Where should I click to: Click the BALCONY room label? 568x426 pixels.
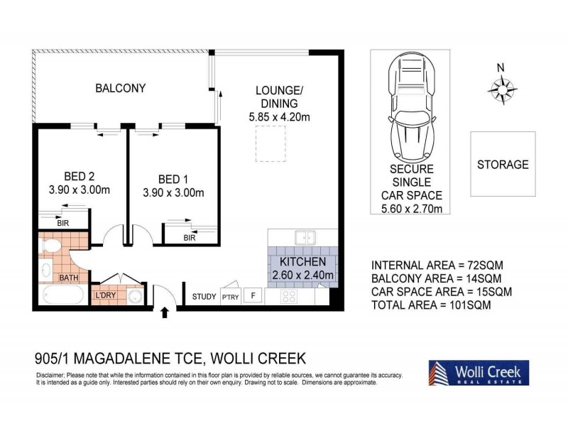pos(121,89)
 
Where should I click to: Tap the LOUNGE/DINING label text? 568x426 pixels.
pos(279,97)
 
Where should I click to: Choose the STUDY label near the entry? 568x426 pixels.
pos(204,297)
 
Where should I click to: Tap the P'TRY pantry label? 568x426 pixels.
pos(230,297)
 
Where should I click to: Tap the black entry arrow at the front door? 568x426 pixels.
pos(165,312)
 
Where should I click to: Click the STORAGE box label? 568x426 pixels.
pos(502,165)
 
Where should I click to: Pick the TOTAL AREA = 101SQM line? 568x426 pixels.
pos(431,305)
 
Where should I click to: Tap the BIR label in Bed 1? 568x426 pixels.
pos(189,238)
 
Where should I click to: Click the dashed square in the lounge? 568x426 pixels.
pos(270,143)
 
